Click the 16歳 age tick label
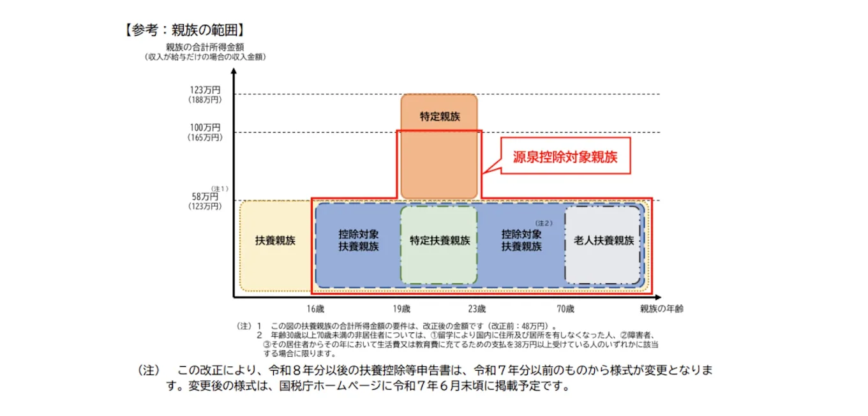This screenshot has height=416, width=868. tap(315, 309)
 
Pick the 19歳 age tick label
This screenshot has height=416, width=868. tap(402, 309)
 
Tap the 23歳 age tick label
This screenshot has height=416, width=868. tap(476, 309)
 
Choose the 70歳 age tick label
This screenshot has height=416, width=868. tap(565, 309)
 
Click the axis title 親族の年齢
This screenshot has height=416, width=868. tap(662, 309)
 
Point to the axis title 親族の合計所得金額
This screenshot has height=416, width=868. tap(205, 47)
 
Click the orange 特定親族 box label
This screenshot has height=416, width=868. tap(439, 117)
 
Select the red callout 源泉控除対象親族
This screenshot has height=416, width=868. tap(565, 156)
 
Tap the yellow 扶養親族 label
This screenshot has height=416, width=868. tap(275, 241)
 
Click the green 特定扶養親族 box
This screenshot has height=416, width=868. tap(439, 241)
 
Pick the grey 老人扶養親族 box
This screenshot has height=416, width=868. tap(603, 241)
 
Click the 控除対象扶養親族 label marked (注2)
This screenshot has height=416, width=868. tap(521, 241)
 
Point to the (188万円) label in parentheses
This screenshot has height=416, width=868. tap(205, 100)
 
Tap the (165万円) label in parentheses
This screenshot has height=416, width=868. tap(205, 137)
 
